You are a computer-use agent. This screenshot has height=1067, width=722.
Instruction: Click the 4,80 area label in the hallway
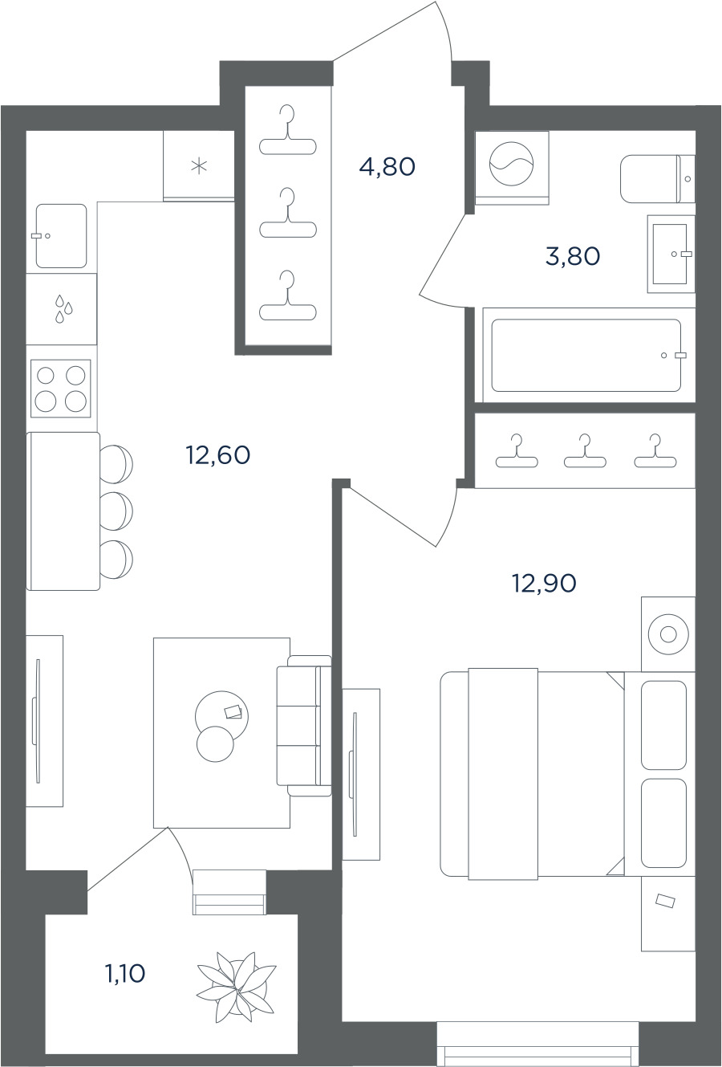[387, 167]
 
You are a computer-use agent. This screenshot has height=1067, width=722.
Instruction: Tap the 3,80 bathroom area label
[573, 256]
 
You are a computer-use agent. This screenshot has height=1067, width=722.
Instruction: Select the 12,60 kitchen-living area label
[218, 455]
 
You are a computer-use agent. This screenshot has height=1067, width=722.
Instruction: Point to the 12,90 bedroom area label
[544, 583]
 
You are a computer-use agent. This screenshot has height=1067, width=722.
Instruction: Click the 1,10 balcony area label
[124, 974]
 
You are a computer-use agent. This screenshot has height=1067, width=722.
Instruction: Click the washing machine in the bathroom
[512, 168]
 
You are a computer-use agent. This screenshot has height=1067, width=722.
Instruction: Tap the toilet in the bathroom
[657, 178]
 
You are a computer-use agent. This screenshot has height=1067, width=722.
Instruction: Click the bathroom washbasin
[671, 254]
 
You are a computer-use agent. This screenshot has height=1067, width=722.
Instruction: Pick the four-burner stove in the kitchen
[61, 389]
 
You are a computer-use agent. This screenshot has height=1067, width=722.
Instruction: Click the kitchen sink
[62, 236]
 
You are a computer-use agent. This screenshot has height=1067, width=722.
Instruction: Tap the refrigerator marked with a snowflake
[199, 166]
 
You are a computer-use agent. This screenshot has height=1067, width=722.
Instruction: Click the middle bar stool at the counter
[116, 511]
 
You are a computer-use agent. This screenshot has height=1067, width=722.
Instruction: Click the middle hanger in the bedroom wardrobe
[585, 450]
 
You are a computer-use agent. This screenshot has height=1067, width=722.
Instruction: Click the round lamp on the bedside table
[669, 635]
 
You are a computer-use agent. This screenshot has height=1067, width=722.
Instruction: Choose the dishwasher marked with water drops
[62, 308]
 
